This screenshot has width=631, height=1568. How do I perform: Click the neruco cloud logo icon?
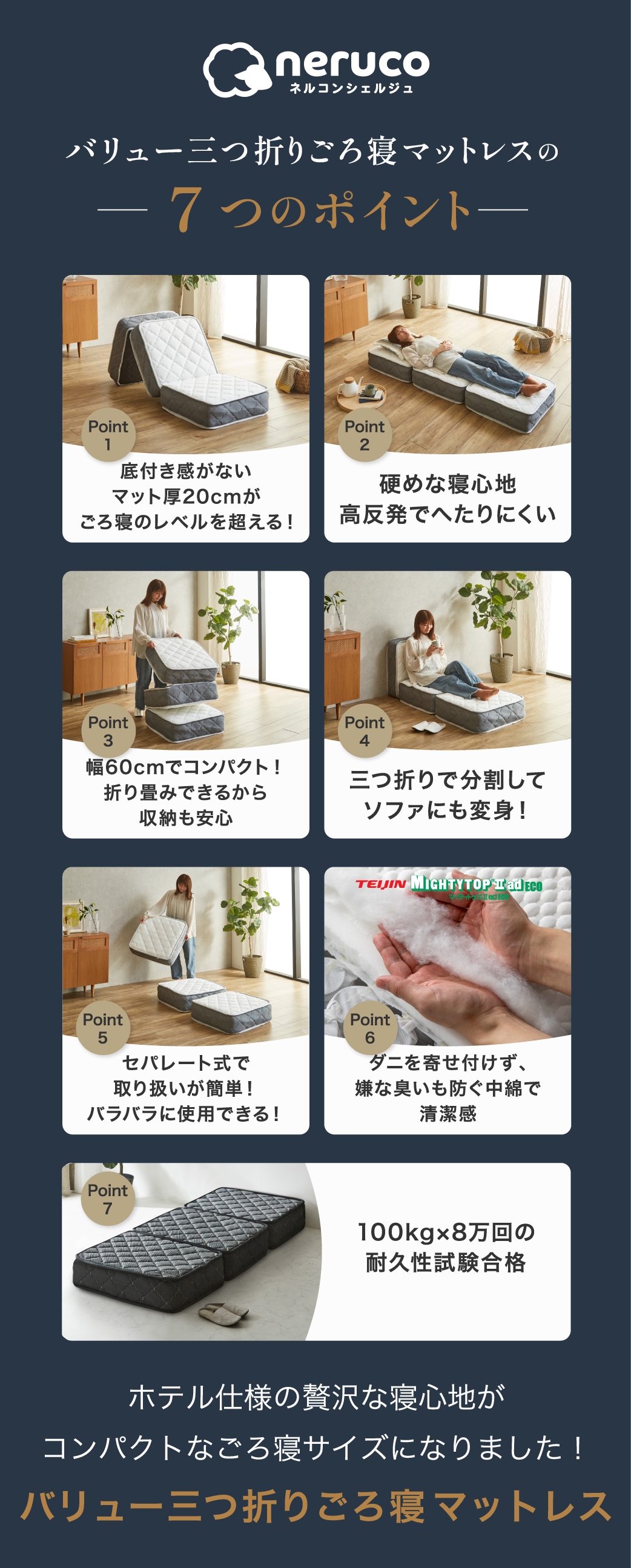coord(236,70)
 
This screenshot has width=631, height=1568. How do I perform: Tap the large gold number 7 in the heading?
coord(185,209)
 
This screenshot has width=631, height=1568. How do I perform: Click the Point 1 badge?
coord(108,435)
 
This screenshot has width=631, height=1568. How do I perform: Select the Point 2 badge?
coord(365,435)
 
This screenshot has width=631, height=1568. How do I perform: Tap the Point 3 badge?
coord(108,731)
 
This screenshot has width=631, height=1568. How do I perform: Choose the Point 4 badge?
coord(365,731)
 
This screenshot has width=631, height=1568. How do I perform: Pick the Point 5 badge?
coord(103,1028)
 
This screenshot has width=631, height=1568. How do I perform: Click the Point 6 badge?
coord(370,1028)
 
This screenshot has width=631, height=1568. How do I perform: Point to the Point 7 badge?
coord(108,1199)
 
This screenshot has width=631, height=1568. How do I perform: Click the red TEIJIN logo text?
coord(381,884)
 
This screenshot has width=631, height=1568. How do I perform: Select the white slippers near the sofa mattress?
coord(429,726)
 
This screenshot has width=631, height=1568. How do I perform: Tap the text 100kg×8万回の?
coord(446,1232)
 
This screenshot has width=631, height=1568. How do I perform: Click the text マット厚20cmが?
coord(186,497)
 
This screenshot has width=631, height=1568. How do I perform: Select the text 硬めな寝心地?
coord(448,485)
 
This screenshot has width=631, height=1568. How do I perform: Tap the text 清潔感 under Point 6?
coord(448,1114)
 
